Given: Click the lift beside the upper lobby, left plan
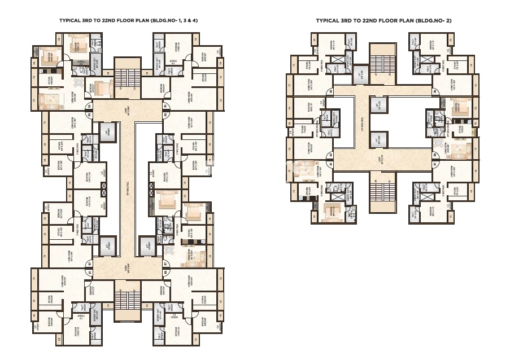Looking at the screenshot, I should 107,133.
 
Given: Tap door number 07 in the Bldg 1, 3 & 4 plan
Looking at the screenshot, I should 165,263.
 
